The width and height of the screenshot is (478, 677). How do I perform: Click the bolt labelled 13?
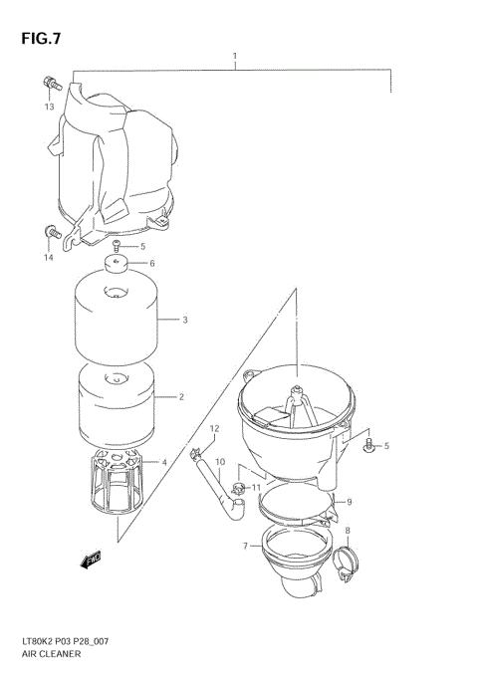click(x=50, y=83)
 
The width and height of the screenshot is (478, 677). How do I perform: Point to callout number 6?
click(x=152, y=264)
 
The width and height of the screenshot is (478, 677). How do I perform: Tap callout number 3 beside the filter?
click(x=185, y=321)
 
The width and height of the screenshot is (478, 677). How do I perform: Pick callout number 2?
click(x=181, y=397)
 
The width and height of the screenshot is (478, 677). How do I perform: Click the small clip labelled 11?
click(x=238, y=489)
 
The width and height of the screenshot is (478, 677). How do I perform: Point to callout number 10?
click(x=220, y=462)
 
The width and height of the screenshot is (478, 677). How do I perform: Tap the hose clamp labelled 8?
click(x=345, y=568)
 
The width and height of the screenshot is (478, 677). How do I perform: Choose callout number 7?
click(x=245, y=546)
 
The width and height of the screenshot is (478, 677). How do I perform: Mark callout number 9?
click(x=349, y=502)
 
